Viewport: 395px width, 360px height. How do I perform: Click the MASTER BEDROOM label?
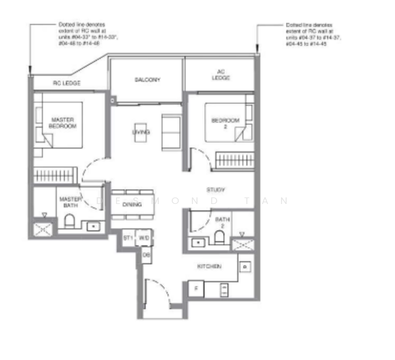pos(62,123)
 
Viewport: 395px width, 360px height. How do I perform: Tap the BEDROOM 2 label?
pos(225,124)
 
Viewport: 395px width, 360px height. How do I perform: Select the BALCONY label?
pos(147,80)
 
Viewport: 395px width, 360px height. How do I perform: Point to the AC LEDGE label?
pos(220,77)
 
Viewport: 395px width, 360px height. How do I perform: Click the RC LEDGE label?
pos(67,83)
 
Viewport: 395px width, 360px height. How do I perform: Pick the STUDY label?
pos(216,190)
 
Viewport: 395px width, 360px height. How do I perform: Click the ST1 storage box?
pos(128,238)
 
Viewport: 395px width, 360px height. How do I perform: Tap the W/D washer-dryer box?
pos(144,238)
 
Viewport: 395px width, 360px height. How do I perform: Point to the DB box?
pos(146,254)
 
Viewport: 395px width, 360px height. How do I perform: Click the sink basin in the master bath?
pos(94,226)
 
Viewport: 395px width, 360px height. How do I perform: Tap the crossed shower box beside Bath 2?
pos(243,244)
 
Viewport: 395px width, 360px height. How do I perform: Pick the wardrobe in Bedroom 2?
pos(235,160)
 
